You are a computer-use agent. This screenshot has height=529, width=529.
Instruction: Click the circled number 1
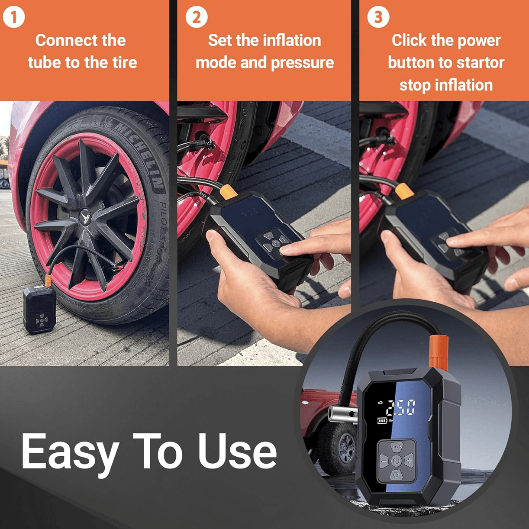pyautogui.click(x=14, y=17)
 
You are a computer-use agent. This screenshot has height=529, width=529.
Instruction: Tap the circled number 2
pyautogui.click(x=197, y=17)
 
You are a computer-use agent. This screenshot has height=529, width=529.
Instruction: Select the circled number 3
pyautogui.click(x=378, y=17)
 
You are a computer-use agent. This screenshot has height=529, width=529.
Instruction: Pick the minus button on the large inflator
pyautogui.click(x=384, y=461)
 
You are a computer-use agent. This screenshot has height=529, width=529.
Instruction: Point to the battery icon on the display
pyautogui.click(x=382, y=420)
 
